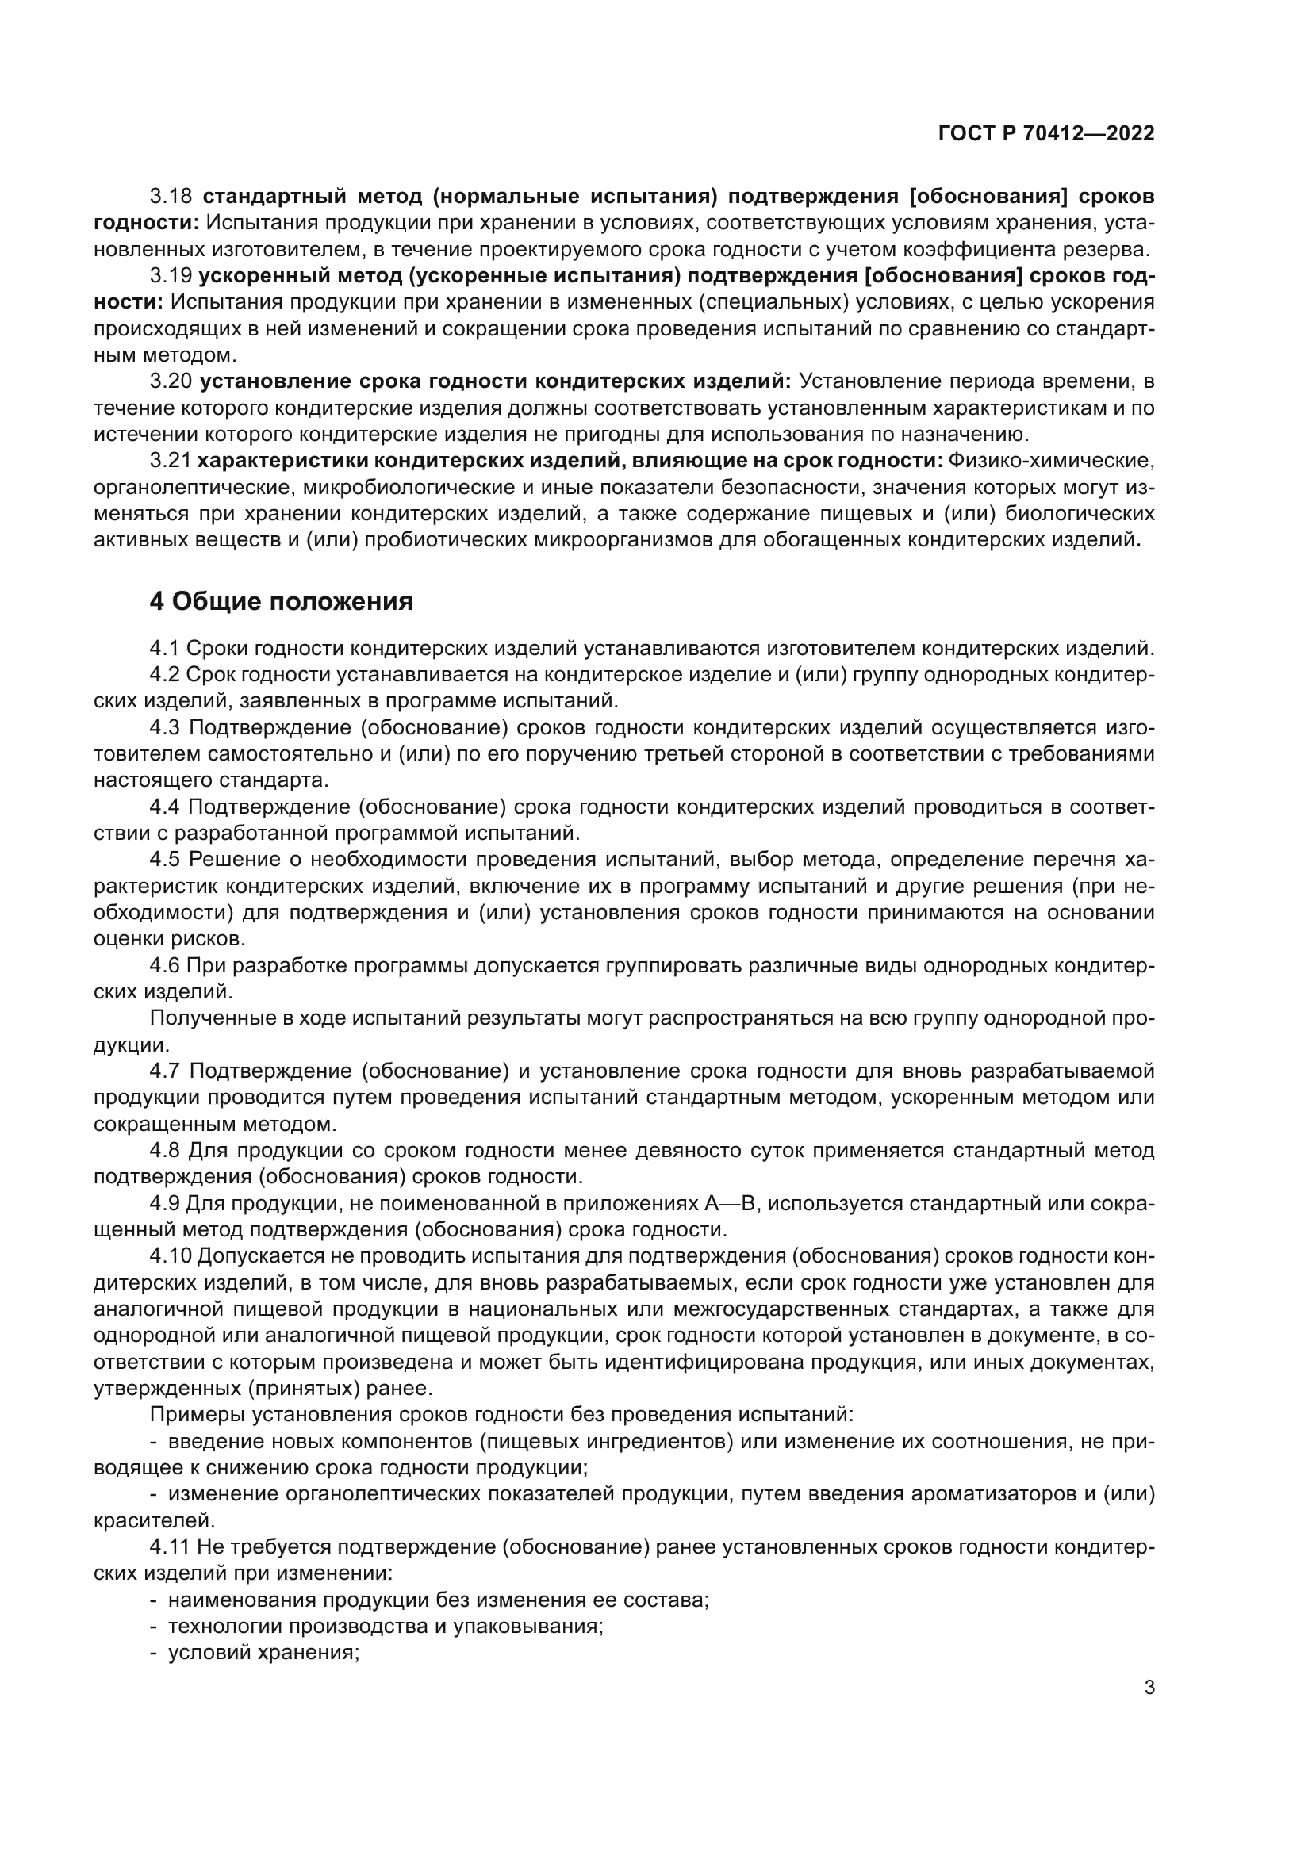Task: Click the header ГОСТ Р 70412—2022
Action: (x=1046, y=134)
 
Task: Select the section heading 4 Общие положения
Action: (x=281, y=601)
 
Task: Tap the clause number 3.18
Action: (x=171, y=197)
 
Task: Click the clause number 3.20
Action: (x=171, y=381)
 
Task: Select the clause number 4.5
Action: (x=165, y=859)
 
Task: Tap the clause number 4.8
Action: (x=165, y=1150)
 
